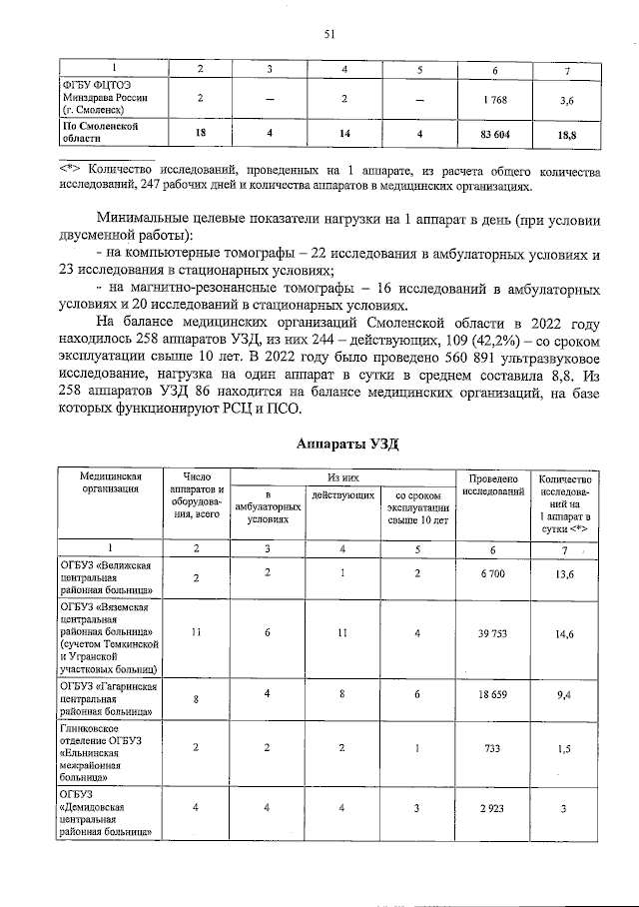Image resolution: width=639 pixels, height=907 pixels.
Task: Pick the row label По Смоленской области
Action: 99,134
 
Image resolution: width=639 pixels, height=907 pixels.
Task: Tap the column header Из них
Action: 342,478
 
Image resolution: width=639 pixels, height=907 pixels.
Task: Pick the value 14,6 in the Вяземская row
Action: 566,633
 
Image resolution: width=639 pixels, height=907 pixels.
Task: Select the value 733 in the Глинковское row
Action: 494,749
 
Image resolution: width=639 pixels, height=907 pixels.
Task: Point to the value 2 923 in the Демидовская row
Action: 494,808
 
